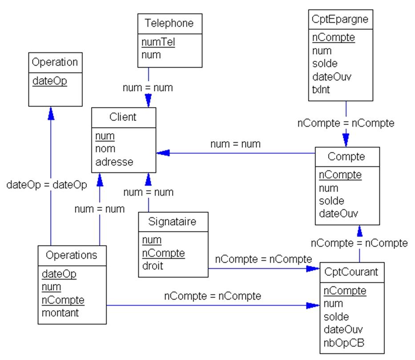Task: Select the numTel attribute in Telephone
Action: (x=158, y=43)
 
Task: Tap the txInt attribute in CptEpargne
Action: (x=322, y=89)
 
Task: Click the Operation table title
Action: (x=55, y=62)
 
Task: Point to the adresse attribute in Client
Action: (x=114, y=162)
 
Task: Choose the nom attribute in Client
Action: (x=105, y=149)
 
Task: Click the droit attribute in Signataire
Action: (x=153, y=266)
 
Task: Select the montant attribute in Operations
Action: (x=60, y=312)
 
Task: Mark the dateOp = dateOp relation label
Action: (x=47, y=185)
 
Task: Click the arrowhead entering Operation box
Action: (x=50, y=112)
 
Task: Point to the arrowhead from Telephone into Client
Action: (x=148, y=101)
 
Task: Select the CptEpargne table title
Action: (x=340, y=19)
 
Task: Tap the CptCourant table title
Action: (x=351, y=272)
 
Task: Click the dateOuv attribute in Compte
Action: (x=338, y=213)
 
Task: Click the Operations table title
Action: (x=72, y=255)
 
